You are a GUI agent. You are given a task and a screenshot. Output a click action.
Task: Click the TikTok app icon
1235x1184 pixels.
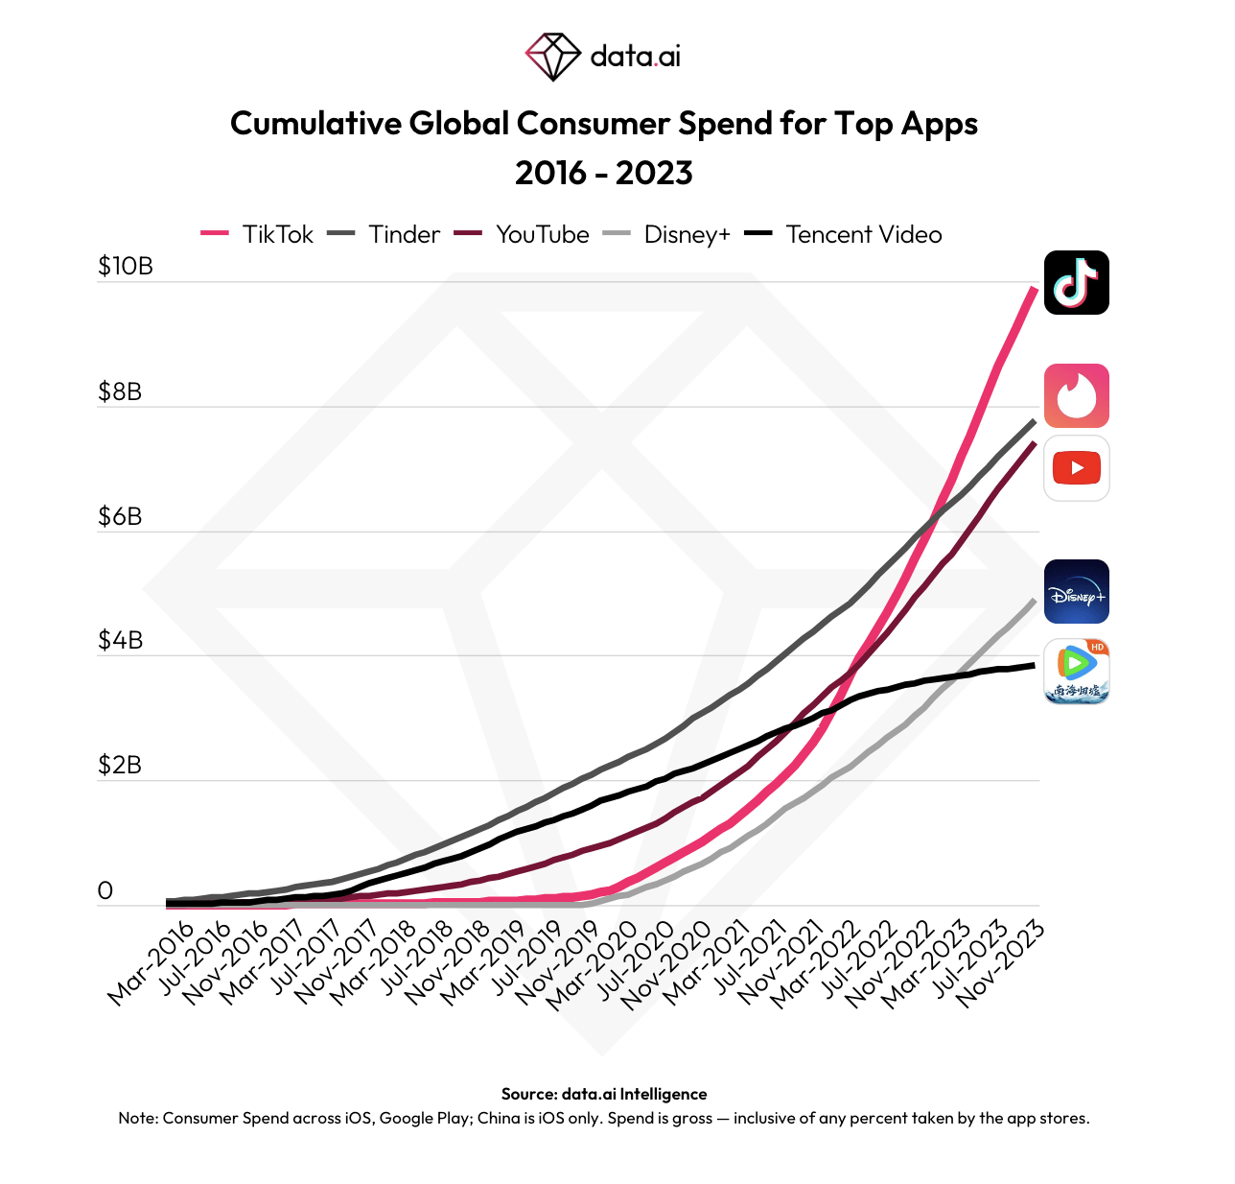1076,282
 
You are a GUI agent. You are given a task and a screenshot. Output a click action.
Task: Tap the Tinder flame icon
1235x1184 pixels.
1076,395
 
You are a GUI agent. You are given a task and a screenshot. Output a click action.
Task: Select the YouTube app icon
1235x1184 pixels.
1076,468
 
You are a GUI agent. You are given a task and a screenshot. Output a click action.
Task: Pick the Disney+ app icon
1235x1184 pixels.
1076,592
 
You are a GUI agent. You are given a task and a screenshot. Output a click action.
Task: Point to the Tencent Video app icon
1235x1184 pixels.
1076,672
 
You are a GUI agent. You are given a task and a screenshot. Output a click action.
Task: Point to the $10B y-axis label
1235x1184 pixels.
125,266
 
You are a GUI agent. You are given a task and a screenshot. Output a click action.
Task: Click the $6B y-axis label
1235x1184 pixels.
120,516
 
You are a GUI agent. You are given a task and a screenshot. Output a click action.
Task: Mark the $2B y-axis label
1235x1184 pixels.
120,765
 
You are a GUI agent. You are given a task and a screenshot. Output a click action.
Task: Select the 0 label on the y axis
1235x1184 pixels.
105,890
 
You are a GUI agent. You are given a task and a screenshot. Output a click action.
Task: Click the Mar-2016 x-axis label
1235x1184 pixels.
151,963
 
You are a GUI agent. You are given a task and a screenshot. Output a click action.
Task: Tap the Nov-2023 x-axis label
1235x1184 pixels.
1000,963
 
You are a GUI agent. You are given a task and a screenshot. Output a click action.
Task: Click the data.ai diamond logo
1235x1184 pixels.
552,57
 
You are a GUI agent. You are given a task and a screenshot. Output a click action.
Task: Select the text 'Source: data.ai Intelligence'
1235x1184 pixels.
604,1094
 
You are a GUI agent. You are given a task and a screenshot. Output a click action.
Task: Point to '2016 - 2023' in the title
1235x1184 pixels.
604,173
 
